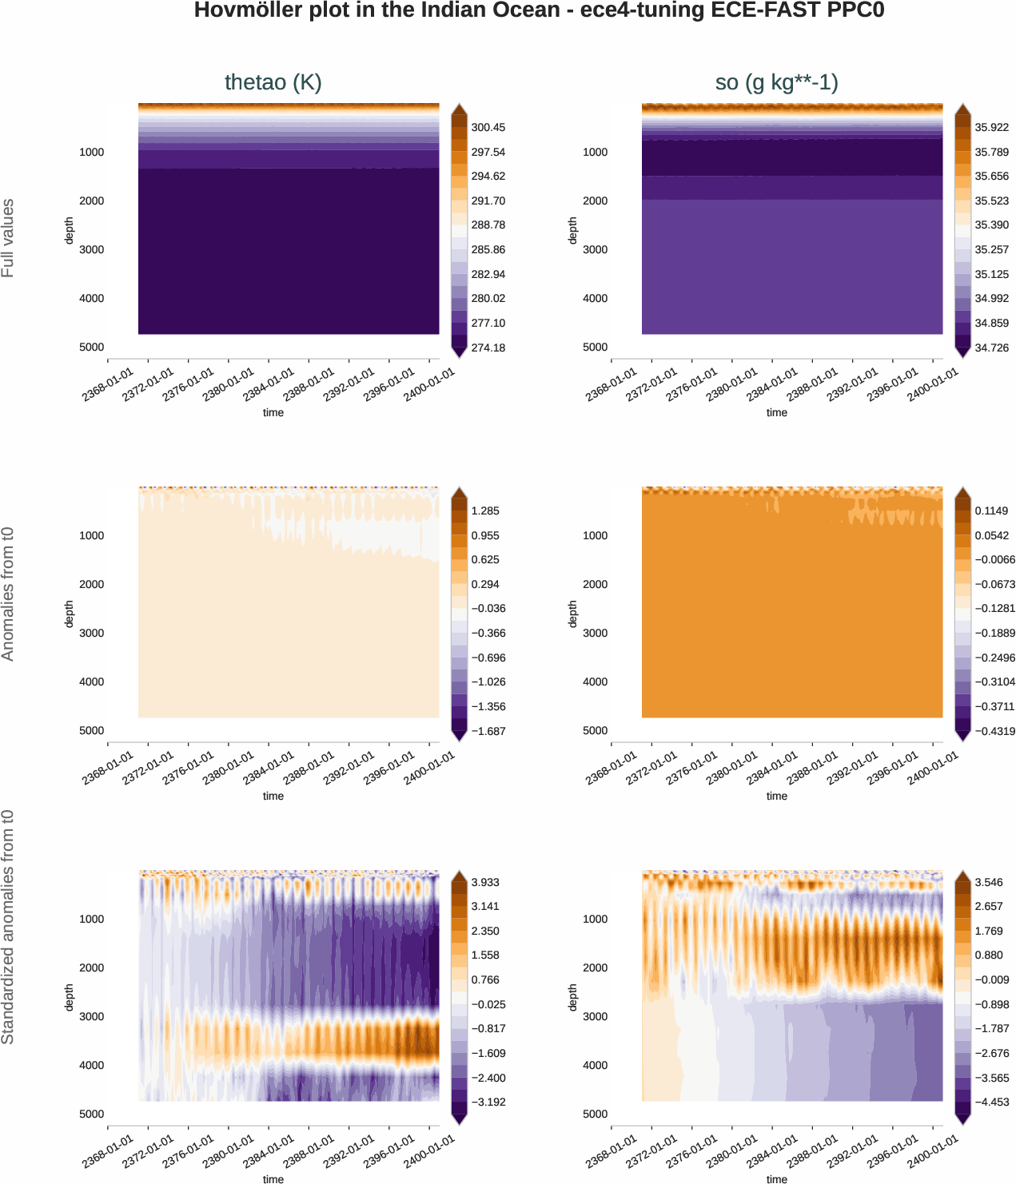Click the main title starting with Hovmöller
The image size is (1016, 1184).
(539, 11)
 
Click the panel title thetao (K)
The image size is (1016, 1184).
(273, 82)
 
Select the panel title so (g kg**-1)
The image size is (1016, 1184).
(776, 82)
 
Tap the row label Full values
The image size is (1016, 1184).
(8, 238)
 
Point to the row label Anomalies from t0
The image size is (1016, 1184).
(8, 594)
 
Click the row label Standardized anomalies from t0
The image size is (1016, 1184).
(8, 927)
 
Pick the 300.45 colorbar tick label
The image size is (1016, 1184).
(488, 128)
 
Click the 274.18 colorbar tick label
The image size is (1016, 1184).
(488, 348)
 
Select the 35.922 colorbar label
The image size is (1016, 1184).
(991, 128)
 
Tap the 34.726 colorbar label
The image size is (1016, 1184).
(991, 348)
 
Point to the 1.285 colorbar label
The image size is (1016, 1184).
(485, 511)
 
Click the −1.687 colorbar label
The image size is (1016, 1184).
(488, 731)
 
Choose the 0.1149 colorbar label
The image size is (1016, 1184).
(991, 511)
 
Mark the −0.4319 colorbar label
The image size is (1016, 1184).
(994, 731)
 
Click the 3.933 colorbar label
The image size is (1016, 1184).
(485, 882)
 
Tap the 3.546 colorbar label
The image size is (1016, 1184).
(989, 882)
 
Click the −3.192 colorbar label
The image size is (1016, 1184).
(488, 1102)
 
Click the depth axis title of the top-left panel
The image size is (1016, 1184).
(69, 230)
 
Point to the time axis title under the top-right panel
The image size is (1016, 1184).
(776, 412)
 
